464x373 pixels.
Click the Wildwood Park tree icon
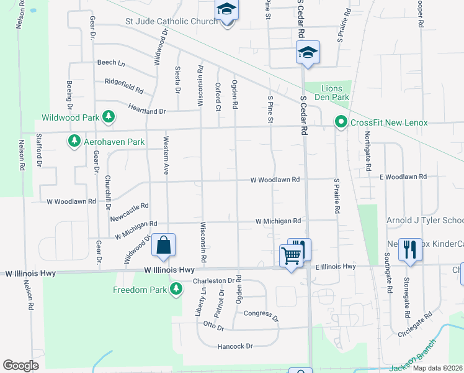point(109,117)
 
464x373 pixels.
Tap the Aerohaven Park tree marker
point(74,142)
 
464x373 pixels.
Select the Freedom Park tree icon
point(176,289)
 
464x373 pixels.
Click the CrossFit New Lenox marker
point(341,122)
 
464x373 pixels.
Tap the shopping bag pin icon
point(163,246)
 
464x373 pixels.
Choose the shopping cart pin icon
point(291,255)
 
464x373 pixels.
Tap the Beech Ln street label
point(111,63)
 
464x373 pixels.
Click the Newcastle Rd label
point(130,212)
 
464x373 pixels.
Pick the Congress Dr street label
point(261,316)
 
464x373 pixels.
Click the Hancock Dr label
point(235,346)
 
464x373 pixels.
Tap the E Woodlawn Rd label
point(403,177)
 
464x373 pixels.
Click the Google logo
point(21,365)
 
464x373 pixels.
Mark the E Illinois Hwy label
point(335,266)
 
